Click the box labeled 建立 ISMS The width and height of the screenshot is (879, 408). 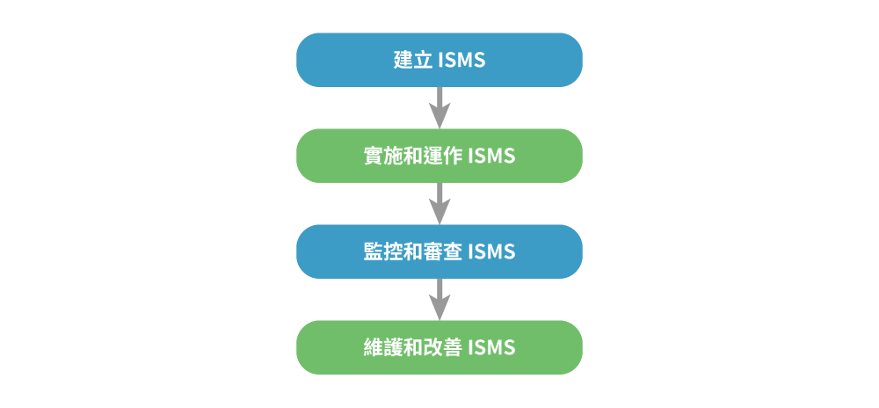tap(439, 60)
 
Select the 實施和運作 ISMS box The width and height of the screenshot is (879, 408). tap(439, 156)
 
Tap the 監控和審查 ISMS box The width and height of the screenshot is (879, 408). tap(439, 251)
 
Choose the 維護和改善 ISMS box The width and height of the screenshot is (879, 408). tap(439, 347)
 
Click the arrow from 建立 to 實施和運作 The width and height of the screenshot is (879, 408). tap(439, 107)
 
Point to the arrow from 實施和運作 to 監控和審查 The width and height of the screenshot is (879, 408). tap(439, 203)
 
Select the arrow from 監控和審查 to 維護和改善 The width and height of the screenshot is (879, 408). tap(439, 299)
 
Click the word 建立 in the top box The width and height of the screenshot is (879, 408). tap(412, 60)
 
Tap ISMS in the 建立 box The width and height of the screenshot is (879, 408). tap(462, 60)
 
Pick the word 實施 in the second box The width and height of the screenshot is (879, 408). tap(383, 157)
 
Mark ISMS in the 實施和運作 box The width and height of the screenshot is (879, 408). tap(491, 157)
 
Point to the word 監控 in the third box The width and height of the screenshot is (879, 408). tap(383, 252)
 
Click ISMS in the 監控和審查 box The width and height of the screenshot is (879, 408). tap(491, 252)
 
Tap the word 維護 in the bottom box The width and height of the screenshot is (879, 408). tap(383, 348)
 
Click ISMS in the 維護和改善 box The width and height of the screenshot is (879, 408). tap(491, 348)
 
